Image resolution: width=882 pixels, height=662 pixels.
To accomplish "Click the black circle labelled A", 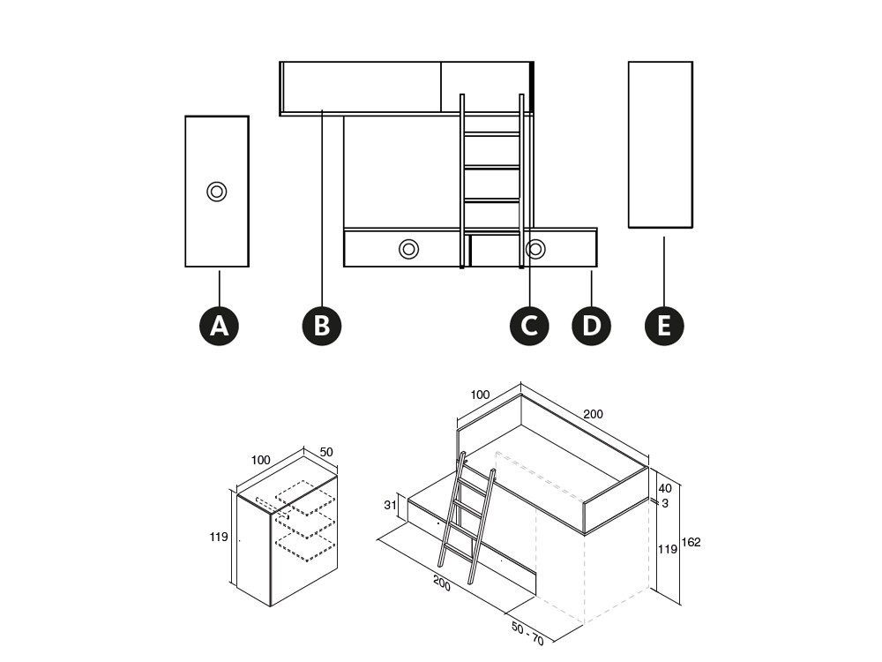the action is (220, 326).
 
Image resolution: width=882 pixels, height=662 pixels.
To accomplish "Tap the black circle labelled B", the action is (322, 326).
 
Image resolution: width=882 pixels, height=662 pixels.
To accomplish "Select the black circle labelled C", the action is (529, 326).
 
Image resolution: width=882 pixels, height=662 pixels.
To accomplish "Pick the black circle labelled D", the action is (591, 326).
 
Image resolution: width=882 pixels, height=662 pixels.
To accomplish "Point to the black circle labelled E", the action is (664, 326).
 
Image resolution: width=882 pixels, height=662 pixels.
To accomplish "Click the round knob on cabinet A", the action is (217, 192).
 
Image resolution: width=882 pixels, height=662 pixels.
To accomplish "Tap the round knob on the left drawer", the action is (409, 248).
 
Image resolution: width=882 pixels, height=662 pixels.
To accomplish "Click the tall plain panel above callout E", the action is (661, 145).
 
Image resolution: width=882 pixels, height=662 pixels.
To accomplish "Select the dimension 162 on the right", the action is (691, 542).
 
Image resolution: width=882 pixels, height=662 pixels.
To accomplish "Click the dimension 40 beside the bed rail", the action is (665, 489).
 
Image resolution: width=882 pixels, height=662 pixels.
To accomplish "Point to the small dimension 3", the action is (665, 503).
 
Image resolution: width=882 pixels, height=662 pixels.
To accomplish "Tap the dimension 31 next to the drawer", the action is (391, 505).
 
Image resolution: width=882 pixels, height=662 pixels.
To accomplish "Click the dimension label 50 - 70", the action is (527, 633).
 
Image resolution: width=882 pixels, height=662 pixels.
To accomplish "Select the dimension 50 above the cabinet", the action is (326, 452).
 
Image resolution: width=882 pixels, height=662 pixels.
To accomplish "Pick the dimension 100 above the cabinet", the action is (260, 461).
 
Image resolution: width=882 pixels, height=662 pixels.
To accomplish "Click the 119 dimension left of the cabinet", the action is (219, 537).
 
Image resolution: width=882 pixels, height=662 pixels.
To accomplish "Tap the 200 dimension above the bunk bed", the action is (593, 414).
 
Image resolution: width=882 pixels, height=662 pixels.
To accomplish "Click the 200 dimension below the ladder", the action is (442, 583).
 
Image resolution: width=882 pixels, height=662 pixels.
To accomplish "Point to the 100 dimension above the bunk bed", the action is (480, 395).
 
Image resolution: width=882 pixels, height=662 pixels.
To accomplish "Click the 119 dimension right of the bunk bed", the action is (668, 549).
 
